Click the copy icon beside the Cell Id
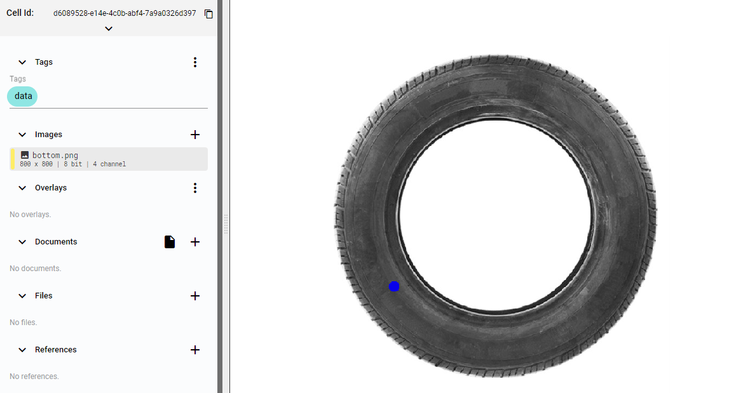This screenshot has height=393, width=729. [208, 14]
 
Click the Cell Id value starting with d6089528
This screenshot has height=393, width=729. [125, 13]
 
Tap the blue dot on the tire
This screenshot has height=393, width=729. [394, 286]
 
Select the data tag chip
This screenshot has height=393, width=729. [22, 96]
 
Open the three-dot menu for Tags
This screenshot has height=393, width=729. [195, 62]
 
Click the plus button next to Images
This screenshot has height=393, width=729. [195, 135]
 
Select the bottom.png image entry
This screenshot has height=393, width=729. [108, 159]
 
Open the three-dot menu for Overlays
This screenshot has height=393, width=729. [195, 188]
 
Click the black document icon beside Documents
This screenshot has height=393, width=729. [170, 242]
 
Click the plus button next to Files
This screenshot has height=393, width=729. [195, 296]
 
